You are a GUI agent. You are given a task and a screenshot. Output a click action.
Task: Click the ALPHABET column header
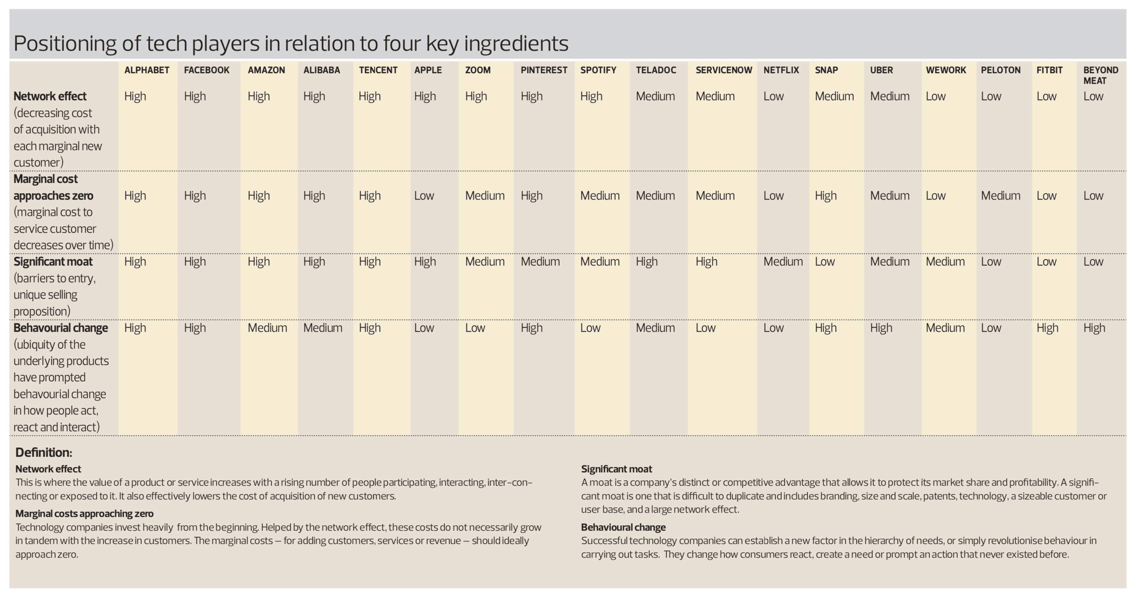point(146,70)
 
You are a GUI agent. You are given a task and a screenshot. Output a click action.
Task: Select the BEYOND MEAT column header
point(1100,75)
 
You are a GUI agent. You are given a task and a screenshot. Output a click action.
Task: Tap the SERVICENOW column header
point(723,70)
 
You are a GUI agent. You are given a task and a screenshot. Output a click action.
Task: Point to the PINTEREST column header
point(543,70)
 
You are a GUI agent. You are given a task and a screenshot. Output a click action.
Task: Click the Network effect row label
point(50,96)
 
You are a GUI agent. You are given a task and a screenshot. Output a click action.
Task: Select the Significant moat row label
point(53,262)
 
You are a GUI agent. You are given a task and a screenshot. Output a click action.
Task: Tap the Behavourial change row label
point(61,328)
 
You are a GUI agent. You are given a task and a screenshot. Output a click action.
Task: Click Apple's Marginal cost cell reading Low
point(424,195)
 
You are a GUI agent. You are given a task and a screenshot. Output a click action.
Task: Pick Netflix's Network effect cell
point(773,96)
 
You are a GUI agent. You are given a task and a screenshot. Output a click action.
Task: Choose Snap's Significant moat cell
point(824,262)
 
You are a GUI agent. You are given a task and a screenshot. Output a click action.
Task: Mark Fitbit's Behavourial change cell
point(1047,328)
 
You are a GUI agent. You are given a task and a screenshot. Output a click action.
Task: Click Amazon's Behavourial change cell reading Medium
point(267,328)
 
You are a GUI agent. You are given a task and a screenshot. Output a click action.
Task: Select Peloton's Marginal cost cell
point(1000,195)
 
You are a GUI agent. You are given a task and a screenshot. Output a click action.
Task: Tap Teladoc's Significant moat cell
point(646,262)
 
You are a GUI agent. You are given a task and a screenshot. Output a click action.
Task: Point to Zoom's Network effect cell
point(476,96)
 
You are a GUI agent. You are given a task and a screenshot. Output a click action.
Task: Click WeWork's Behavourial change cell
point(945,328)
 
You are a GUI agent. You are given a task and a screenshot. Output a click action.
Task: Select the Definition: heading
point(43,452)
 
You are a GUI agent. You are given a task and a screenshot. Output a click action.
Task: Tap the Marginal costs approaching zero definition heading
point(84,513)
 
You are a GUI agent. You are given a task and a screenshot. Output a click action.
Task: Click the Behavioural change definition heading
point(623,527)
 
